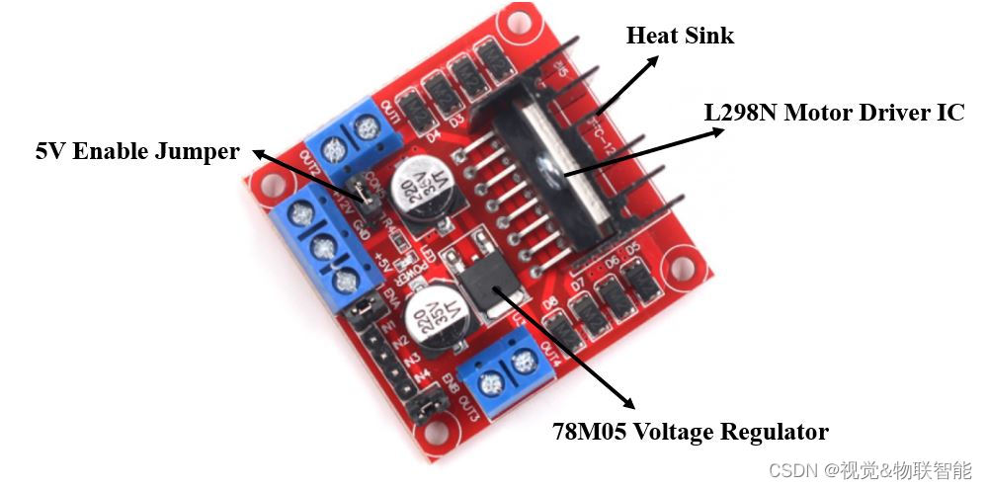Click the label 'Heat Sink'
(680, 37)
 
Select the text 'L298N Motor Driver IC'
(833, 113)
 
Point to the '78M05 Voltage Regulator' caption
(690, 432)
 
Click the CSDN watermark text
(869, 469)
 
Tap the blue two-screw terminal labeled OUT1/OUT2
(348, 138)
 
